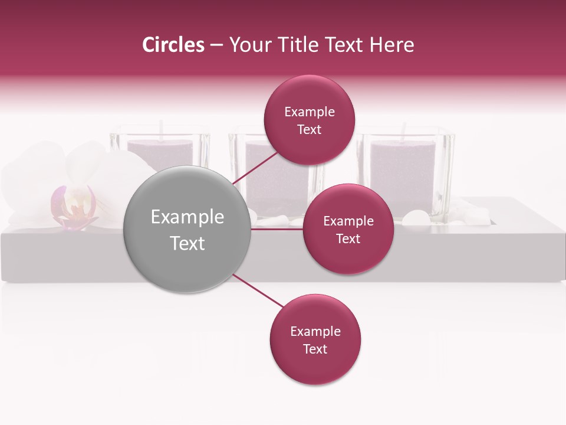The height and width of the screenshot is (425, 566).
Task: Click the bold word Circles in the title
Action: pyautogui.click(x=173, y=45)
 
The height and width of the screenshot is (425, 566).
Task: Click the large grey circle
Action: pyautogui.click(x=187, y=229)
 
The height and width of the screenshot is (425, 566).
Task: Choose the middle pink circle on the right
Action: pyautogui.click(x=348, y=229)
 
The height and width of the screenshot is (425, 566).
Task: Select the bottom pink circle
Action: pyautogui.click(x=315, y=339)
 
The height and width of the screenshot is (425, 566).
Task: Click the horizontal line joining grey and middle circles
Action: pyautogui.click(x=277, y=229)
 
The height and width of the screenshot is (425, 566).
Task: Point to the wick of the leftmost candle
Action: pyautogui.click(x=160, y=129)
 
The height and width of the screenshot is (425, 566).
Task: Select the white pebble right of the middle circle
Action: pyautogui.click(x=417, y=218)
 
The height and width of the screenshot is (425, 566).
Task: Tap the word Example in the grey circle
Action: pyautogui.click(x=187, y=217)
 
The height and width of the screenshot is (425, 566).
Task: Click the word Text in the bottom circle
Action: pyautogui.click(x=315, y=349)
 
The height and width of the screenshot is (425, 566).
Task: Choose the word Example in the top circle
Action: pyautogui.click(x=310, y=112)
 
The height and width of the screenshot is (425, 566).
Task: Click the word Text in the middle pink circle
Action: pyautogui.click(x=348, y=238)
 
